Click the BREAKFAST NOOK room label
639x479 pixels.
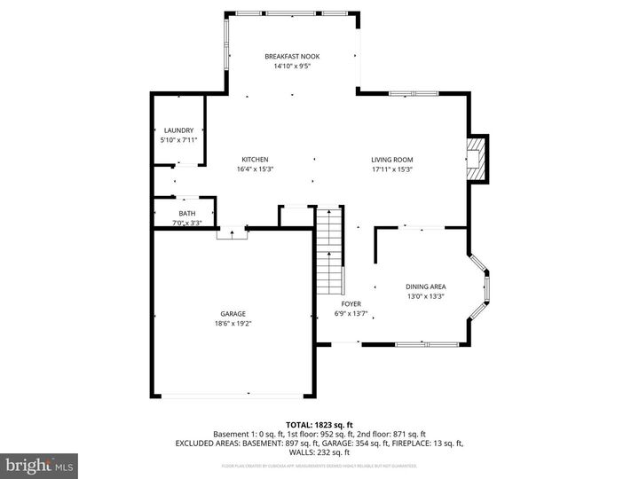292,57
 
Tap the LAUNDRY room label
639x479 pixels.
177,130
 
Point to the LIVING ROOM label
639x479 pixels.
392,160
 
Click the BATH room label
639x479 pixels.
186,214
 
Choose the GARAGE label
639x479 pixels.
233,314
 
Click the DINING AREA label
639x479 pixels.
426,287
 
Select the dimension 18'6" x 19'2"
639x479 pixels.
233,324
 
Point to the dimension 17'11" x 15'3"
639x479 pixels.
392,169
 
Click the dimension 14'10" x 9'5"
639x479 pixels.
292,67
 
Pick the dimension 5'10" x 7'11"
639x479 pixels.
177,140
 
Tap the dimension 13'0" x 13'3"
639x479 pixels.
426,296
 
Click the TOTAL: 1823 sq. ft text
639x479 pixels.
319,425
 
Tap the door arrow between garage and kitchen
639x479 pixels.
233,233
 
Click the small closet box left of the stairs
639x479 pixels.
293,216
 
